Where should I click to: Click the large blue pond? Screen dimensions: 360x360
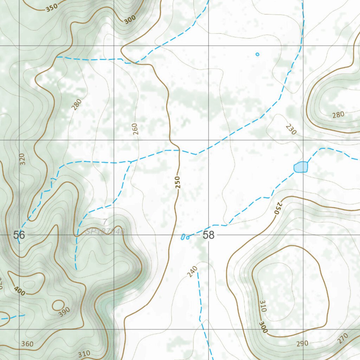tap(301, 167)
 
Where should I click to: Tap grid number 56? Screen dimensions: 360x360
tap(19, 235)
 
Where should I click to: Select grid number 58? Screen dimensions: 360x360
tap(208, 235)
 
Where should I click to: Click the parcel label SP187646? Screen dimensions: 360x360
tap(105, 231)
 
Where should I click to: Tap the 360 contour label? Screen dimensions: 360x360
tap(27, 344)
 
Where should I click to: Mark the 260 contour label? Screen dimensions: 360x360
tap(136, 129)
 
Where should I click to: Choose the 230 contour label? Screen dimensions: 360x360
tap(291, 129)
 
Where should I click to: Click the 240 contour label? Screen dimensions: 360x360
tap(192, 272)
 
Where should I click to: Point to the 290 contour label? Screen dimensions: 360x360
tap(302, 343)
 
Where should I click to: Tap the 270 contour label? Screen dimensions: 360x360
tap(343, 338)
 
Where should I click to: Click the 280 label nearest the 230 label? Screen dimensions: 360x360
tap(338, 114)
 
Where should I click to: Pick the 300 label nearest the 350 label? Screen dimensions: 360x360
tap(129, 20)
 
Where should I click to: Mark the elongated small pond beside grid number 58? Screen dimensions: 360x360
tap(183, 237)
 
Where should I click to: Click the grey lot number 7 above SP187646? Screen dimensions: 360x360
tap(105, 222)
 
